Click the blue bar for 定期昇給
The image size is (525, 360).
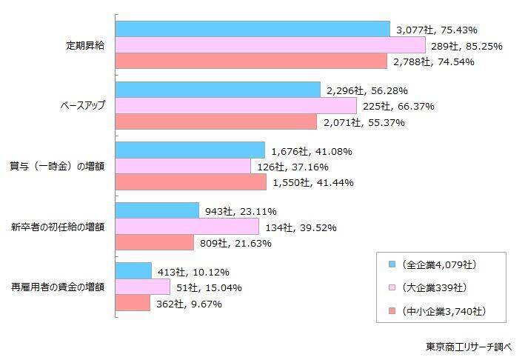click(253, 30)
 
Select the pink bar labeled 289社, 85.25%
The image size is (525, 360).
click(271, 46)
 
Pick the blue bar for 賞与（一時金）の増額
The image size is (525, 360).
click(190, 150)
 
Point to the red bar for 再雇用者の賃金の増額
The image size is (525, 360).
click(133, 303)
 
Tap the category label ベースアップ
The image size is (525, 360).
click(82, 106)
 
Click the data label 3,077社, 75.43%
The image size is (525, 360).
click(437, 30)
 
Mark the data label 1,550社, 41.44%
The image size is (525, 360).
click(312, 182)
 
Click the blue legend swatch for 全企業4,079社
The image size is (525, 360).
click(391, 264)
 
